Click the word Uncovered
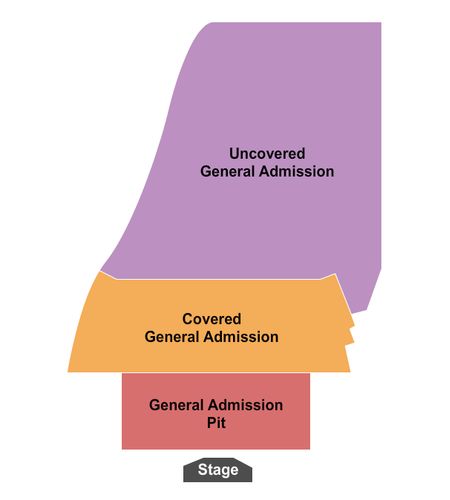tap(267, 154)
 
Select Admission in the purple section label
tap(297, 171)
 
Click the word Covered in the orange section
tap(212, 319)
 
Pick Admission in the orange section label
tap(241, 337)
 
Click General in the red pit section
tap(177, 405)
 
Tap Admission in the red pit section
tap(245, 405)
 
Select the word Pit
tap(216, 423)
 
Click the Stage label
tap(218, 470)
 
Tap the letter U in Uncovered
tap(234, 154)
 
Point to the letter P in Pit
tap(211, 423)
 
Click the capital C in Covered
tap(187, 319)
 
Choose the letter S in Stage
tap(202, 470)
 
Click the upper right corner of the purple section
tap(381, 23)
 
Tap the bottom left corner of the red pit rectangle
tap(122, 449)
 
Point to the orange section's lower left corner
tap(68, 372)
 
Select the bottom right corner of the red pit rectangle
tap(310, 449)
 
